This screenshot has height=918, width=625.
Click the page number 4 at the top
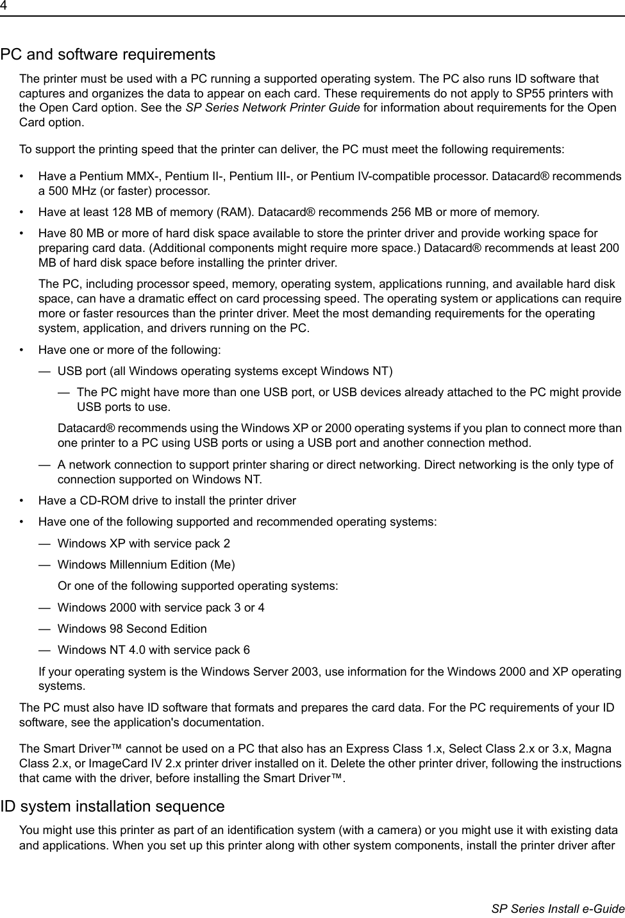tap(3, 6)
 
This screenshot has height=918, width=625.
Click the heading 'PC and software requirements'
tap(108, 54)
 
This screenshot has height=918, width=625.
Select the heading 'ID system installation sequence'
tap(112, 806)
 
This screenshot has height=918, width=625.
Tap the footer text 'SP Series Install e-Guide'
tap(558, 908)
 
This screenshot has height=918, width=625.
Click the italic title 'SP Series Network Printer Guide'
tap(272, 108)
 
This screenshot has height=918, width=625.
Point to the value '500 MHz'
tap(67, 191)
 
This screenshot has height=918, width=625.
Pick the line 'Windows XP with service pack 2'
tap(144, 544)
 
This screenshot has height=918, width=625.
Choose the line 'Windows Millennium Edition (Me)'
tap(146, 565)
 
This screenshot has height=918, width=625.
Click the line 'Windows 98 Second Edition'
tap(132, 629)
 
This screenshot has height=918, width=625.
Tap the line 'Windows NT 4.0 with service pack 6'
tap(154, 650)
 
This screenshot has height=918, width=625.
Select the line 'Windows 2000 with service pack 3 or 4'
tap(161, 607)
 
